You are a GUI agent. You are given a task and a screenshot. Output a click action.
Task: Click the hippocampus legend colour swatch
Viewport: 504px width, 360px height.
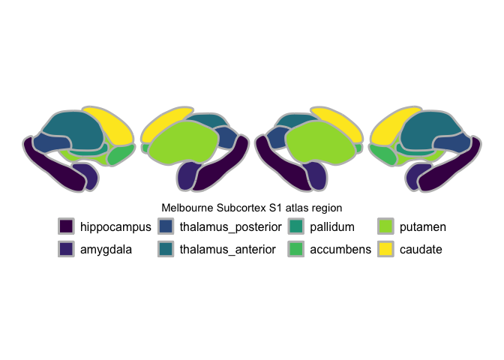tap(67, 226)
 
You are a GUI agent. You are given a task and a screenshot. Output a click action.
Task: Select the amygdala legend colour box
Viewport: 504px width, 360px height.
tap(67, 248)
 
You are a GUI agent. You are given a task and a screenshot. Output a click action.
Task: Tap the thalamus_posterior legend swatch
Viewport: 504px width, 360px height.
tap(166, 226)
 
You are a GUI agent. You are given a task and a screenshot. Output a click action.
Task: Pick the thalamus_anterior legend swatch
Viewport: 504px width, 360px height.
tap(166, 248)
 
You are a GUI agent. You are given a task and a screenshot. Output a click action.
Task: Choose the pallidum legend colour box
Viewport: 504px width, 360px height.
tap(296, 226)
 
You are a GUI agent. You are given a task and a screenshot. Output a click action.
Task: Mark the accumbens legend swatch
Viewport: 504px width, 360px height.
tap(296, 248)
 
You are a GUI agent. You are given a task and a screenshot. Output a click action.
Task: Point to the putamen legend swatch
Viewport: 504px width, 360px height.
tap(386, 226)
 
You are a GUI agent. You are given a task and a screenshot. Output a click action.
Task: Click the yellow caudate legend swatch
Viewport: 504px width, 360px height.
tap(386, 248)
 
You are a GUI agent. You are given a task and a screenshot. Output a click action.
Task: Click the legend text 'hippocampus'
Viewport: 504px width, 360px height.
tap(115, 226)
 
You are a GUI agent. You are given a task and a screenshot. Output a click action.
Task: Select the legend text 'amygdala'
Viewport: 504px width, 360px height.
tap(106, 249)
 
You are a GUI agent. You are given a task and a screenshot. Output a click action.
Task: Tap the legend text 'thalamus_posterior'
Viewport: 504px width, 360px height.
tap(231, 226)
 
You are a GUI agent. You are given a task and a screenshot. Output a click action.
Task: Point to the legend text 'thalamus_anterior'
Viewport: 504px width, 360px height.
tap(228, 249)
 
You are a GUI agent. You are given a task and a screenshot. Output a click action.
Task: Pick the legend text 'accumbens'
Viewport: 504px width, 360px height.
tap(340, 249)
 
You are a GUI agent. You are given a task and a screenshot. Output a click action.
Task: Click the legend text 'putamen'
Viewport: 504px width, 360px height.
tap(423, 226)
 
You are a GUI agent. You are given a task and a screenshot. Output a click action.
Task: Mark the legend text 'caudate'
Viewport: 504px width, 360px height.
tap(421, 249)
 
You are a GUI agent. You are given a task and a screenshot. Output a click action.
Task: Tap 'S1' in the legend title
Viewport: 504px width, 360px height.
tap(266, 207)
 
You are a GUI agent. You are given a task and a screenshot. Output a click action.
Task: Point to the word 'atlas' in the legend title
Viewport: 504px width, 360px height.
tap(288, 207)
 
